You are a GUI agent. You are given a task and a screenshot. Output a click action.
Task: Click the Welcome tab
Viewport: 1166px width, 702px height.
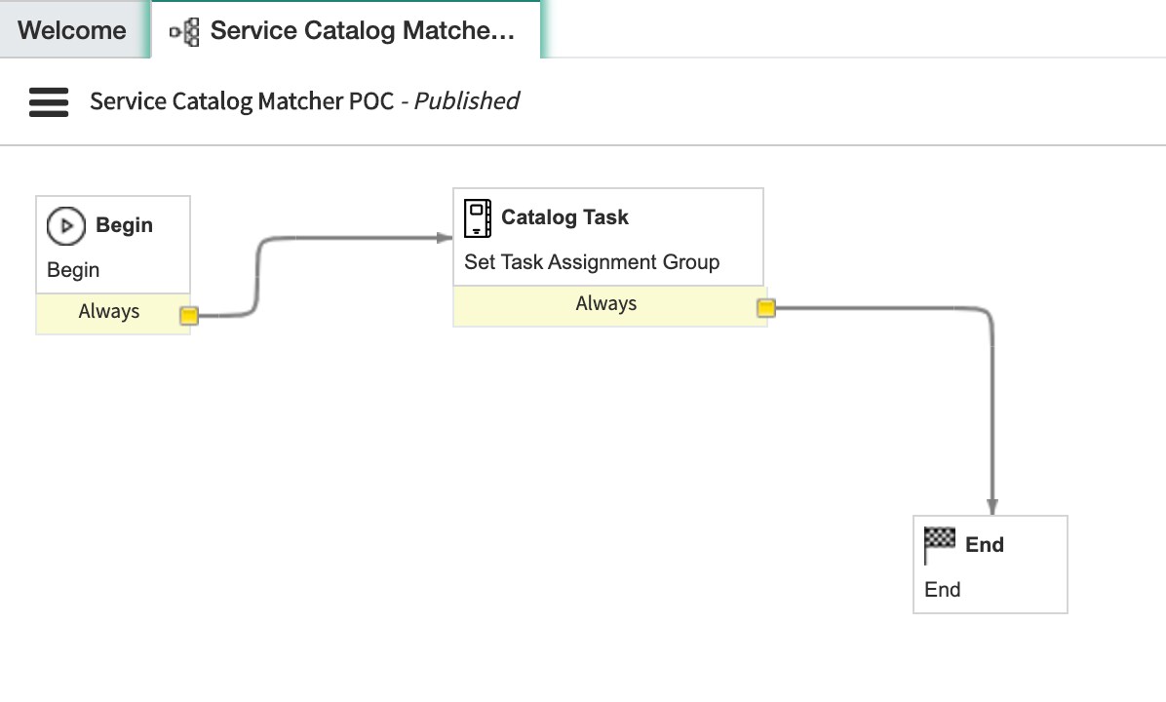click(x=72, y=30)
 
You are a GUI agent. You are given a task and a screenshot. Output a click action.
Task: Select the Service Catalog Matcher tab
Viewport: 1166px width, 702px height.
click(x=361, y=30)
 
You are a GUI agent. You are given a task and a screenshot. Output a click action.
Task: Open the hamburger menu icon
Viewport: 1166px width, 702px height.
click(x=49, y=101)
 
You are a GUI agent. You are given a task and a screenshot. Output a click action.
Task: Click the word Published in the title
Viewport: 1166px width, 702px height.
click(x=466, y=101)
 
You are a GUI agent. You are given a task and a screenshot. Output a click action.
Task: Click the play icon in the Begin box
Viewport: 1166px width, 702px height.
click(x=66, y=226)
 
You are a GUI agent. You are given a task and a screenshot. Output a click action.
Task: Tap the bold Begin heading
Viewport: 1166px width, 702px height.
click(x=124, y=225)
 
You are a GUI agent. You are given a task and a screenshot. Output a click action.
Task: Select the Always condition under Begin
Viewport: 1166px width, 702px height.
click(x=109, y=312)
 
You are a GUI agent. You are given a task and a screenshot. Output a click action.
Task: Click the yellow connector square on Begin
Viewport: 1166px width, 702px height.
click(x=189, y=316)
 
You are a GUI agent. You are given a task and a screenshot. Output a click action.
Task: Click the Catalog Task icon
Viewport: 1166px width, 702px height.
click(x=478, y=217)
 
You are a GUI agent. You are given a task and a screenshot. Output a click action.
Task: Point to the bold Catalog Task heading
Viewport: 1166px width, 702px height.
click(x=564, y=217)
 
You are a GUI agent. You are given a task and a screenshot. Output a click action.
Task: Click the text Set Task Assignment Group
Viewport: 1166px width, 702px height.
click(x=592, y=262)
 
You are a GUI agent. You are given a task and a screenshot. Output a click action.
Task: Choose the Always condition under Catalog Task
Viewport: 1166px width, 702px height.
click(x=605, y=304)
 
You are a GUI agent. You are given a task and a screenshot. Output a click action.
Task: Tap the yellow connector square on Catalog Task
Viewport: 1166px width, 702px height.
click(x=766, y=308)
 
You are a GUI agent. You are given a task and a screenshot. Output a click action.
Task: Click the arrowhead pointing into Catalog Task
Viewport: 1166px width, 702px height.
click(x=445, y=237)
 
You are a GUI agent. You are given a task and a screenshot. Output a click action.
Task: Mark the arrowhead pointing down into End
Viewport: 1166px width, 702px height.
click(x=992, y=507)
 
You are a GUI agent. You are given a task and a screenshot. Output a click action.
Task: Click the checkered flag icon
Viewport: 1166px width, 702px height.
click(x=940, y=544)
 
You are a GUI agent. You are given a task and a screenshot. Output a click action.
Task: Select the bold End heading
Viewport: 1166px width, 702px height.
click(x=984, y=545)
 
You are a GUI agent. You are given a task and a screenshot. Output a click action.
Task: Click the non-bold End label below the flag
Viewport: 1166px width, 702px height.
click(x=942, y=590)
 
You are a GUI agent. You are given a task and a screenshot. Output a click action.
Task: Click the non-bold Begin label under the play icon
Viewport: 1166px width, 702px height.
click(x=73, y=270)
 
